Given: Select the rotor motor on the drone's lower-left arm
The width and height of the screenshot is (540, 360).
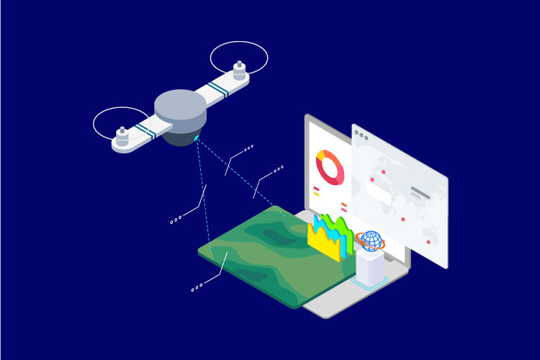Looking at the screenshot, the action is [x=122, y=135].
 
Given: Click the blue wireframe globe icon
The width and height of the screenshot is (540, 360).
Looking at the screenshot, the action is [x=372, y=240].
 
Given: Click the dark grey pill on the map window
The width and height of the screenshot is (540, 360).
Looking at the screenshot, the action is [x=420, y=193].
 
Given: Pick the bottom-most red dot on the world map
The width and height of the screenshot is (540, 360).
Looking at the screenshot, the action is [x=429, y=242].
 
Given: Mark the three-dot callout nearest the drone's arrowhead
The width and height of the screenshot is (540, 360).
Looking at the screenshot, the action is [x=248, y=148].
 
